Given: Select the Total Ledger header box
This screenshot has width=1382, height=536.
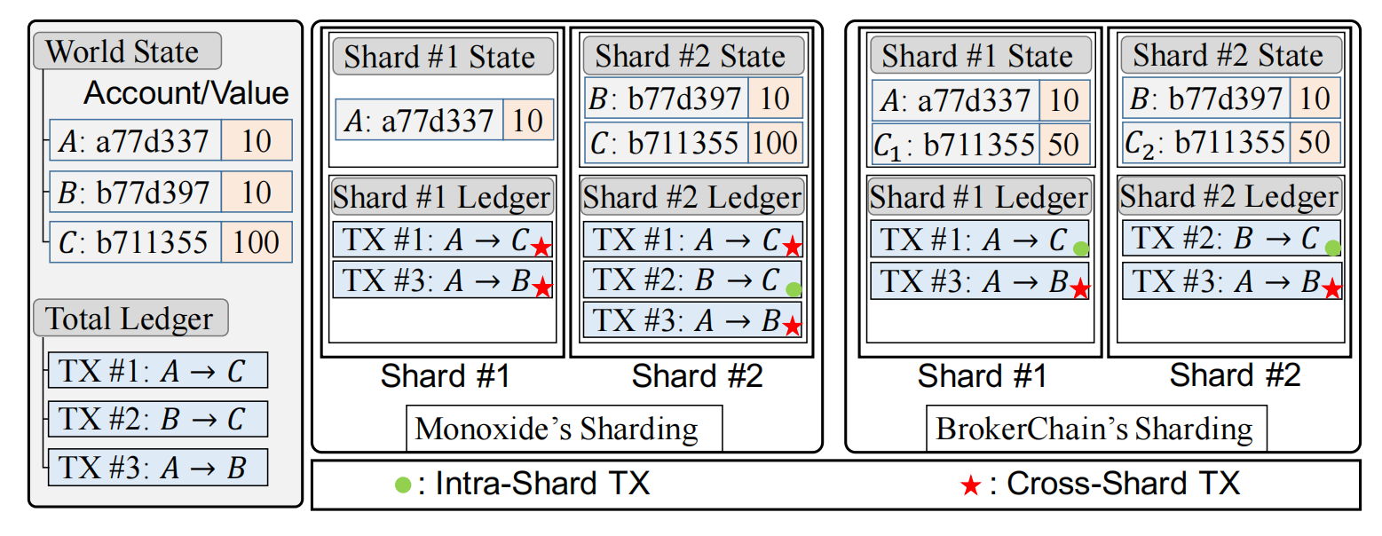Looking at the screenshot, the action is [130, 319].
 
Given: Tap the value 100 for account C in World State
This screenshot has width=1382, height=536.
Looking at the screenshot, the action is [257, 241].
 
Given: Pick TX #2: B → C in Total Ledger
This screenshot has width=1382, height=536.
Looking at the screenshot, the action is [157, 419].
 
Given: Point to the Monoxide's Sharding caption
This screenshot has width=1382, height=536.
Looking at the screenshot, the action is [557, 429].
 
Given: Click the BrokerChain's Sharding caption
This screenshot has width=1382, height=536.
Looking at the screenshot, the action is [1094, 429].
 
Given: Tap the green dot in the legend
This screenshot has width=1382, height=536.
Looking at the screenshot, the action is [403, 485].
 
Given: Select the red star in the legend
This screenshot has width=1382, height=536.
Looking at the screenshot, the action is [971, 485].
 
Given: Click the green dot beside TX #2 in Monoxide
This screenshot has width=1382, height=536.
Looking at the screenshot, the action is [794, 289].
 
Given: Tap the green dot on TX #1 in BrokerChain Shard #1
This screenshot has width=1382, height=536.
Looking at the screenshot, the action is [1080, 249].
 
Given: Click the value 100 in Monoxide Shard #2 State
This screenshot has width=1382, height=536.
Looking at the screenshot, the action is [775, 143].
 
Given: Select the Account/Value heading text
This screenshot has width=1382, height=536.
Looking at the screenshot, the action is [186, 93].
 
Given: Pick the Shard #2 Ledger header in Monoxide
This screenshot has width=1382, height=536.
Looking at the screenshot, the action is [692, 196].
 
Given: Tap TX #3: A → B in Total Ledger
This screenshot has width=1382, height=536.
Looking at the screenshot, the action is [157, 467].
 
